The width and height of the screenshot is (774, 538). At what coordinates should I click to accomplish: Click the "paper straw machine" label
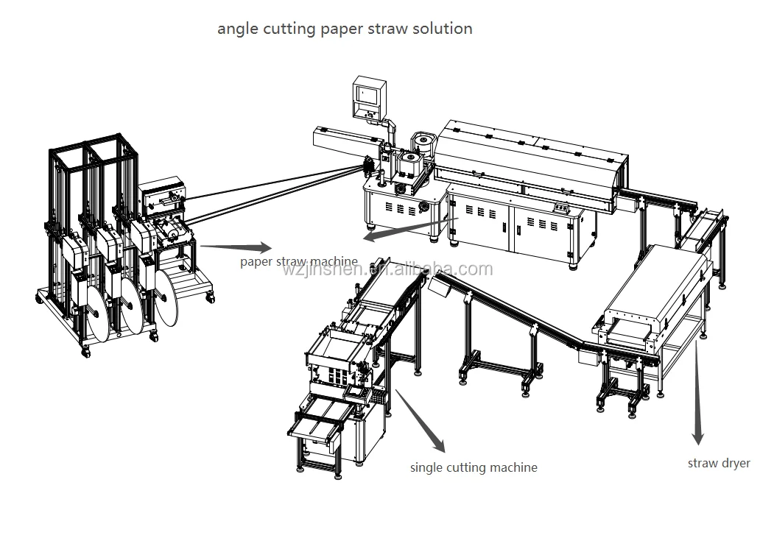(x=298, y=261)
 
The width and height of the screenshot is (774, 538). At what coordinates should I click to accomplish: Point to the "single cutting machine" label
(x=474, y=467)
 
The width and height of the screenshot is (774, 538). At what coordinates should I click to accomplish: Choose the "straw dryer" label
(x=719, y=463)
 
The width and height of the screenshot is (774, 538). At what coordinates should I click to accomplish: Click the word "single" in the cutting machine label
(x=426, y=467)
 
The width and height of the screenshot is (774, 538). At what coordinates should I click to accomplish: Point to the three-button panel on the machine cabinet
(x=563, y=208)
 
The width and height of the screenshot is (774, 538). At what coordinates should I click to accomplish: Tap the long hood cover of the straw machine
(x=527, y=162)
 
